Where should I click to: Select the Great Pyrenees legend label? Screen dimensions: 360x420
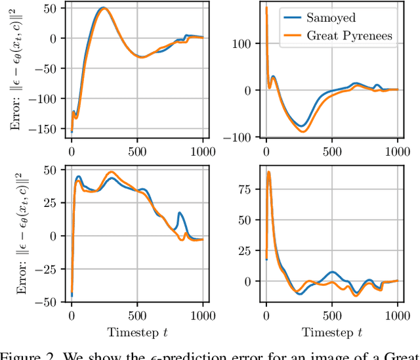pos(350,35)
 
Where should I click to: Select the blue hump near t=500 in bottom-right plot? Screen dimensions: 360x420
pos(332,272)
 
